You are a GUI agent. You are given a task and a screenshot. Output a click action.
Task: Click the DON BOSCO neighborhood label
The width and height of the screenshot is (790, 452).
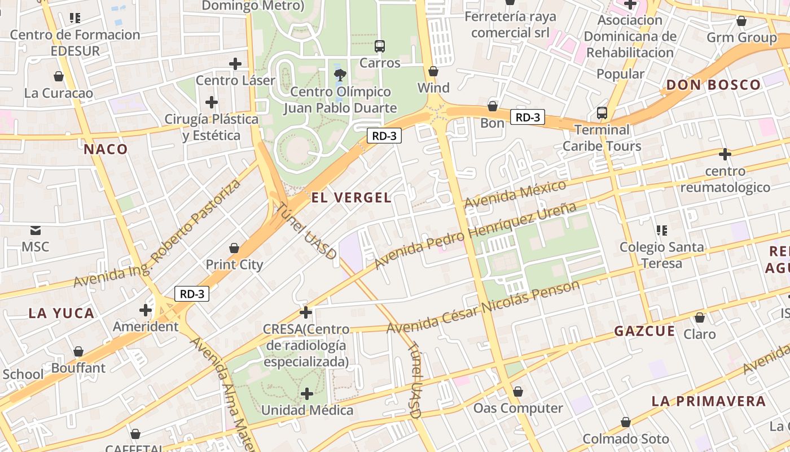click(x=714, y=85)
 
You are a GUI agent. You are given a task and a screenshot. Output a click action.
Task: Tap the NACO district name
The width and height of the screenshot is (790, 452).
click(x=106, y=149)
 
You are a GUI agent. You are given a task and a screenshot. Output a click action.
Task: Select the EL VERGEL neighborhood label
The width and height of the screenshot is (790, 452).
click(x=351, y=197)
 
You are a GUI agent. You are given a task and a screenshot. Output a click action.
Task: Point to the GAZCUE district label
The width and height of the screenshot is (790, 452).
click(x=644, y=331)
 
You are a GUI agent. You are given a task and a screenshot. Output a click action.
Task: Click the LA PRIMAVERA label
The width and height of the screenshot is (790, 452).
click(x=709, y=401)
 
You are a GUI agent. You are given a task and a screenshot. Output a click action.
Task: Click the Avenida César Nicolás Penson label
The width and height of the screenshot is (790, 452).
click(x=483, y=306)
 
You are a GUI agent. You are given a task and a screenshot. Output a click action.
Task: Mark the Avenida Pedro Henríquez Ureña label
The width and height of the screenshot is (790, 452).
click(x=475, y=235)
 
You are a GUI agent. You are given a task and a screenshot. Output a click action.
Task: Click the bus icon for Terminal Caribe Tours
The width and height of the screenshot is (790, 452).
click(x=602, y=113)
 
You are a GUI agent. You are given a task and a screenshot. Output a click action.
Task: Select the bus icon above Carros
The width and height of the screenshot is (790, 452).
click(x=380, y=46)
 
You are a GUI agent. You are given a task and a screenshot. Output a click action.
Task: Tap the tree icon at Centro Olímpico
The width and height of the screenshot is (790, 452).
click(x=340, y=75)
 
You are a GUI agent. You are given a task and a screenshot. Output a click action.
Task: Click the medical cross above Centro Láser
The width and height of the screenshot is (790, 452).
click(x=235, y=64)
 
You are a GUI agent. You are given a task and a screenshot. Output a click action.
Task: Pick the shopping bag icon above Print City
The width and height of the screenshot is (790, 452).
click(x=234, y=248)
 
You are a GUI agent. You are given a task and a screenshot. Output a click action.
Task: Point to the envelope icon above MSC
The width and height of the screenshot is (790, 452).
click(x=36, y=230)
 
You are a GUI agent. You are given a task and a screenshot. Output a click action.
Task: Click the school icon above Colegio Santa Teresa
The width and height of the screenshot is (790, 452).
click(x=662, y=230)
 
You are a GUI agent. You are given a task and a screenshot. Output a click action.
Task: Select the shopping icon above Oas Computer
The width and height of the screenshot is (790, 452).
click(x=518, y=392)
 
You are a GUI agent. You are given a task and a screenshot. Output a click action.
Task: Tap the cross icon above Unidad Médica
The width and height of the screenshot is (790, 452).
click(x=307, y=393)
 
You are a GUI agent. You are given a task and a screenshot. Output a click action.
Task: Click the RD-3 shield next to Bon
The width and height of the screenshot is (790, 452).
click(x=528, y=118)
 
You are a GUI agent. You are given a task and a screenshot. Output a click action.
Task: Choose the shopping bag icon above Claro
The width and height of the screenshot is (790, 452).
click(x=700, y=318)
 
